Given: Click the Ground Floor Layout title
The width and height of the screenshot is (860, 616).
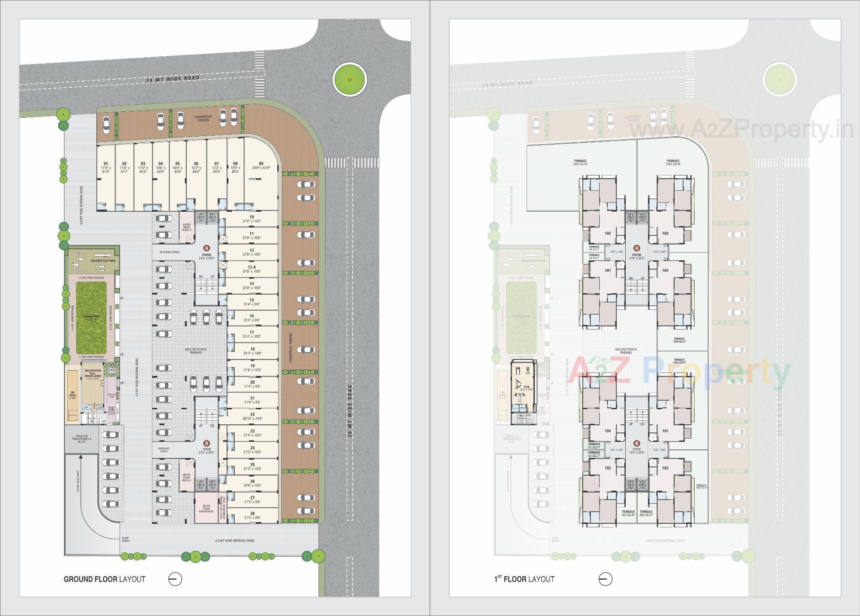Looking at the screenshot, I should (104, 579).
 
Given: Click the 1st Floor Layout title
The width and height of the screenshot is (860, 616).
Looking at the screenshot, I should (524, 579).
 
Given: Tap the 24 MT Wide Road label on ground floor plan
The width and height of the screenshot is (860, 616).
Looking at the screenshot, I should (173, 79).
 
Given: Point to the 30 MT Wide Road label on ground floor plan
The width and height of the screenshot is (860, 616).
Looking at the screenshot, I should (349, 411).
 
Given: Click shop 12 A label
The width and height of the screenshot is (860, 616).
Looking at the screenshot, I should (252, 269).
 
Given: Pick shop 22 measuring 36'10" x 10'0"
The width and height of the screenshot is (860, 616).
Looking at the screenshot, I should (252, 416).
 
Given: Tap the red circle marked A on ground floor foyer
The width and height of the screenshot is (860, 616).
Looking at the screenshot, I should (206, 248).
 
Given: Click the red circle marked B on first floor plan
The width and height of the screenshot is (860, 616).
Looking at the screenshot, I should (636, 443).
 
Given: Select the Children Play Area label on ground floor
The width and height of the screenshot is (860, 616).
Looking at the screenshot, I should (103, 260).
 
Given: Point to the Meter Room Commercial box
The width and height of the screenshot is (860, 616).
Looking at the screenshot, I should (206, 509).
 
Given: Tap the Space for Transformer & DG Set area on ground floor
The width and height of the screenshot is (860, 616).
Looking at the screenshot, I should (81, 439).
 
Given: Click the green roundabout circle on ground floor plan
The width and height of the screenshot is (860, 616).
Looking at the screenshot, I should (349, 80).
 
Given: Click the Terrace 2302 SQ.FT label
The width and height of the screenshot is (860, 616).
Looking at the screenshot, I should (580, 163).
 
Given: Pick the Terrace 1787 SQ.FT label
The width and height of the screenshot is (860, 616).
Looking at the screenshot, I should (673, 163).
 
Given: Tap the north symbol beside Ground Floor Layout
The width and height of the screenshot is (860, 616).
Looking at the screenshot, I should (175, 579).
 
